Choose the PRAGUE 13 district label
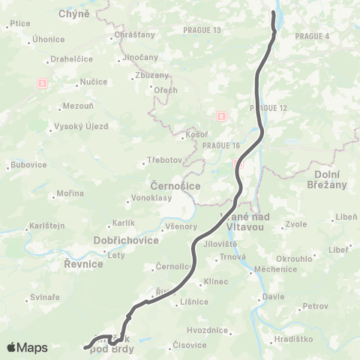pos(202,30)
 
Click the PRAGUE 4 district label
pos(312,36)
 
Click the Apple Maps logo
pos(28,347)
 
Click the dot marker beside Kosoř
pos(184,136)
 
